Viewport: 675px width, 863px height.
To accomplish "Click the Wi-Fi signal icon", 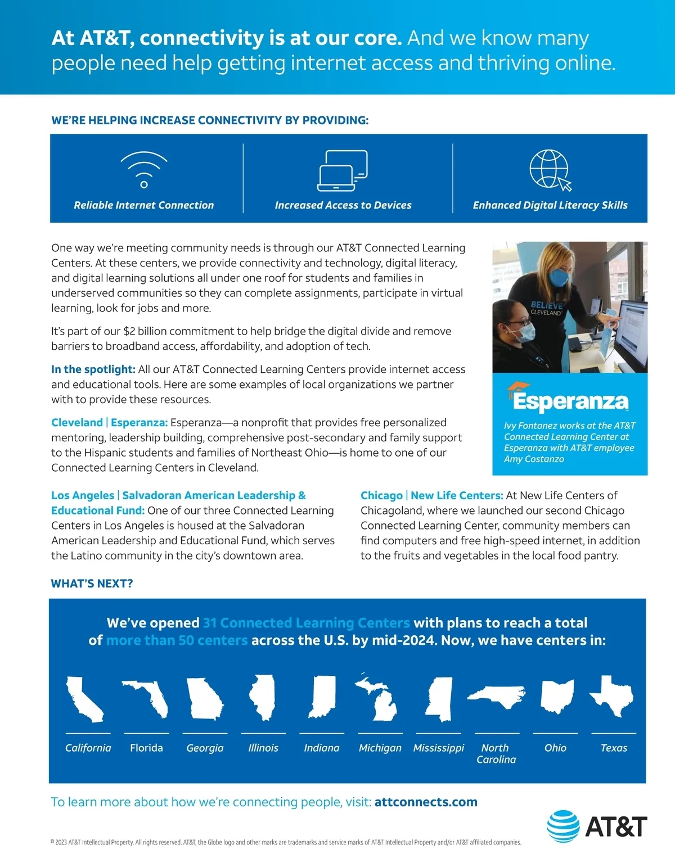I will pos(144,169).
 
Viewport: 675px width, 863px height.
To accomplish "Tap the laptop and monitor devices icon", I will pos(343,170).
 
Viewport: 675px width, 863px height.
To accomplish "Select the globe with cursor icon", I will pos(550,170).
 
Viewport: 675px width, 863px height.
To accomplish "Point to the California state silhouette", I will pos(84,699).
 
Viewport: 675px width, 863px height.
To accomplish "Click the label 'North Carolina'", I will pos(496,753).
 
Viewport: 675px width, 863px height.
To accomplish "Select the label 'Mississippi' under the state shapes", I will pos(439,748).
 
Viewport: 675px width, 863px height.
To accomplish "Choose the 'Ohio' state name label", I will pos(555,748).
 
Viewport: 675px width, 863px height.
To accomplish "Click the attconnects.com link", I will pos(426,802).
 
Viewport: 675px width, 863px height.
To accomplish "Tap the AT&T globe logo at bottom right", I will pos(563,826).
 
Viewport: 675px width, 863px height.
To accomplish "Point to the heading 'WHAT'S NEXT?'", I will pos(92,584).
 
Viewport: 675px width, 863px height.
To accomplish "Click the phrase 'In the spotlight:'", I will pos(93,369).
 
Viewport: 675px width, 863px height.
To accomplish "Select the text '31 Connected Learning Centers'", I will pos(306,623).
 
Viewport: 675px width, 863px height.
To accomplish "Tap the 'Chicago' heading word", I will pos(381,495).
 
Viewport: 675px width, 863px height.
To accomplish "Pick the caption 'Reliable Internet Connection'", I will pos(144,205).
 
